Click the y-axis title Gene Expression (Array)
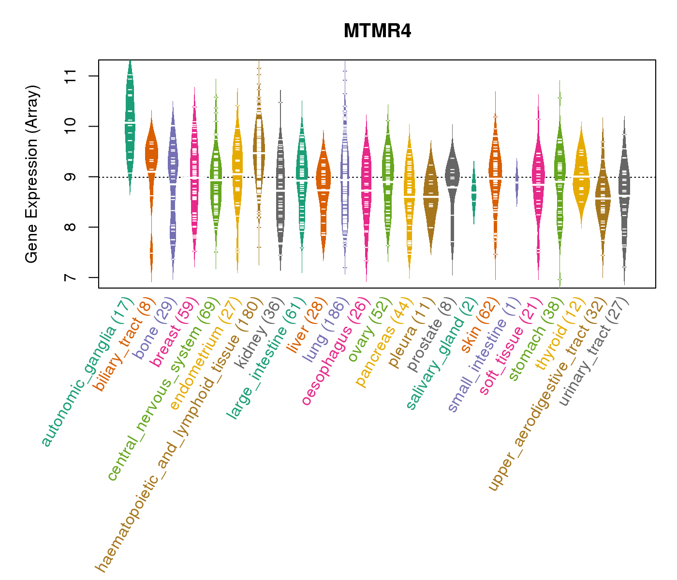coord(32,174)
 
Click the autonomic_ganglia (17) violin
coord(130,126)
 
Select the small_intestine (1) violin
coord(517,182)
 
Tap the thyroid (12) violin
coord(581,176)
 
